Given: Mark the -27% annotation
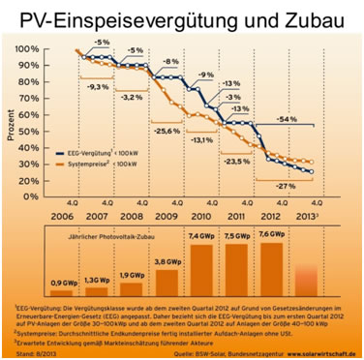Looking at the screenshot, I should (287, 185).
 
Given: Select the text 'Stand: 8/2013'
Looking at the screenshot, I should (34, 354).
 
